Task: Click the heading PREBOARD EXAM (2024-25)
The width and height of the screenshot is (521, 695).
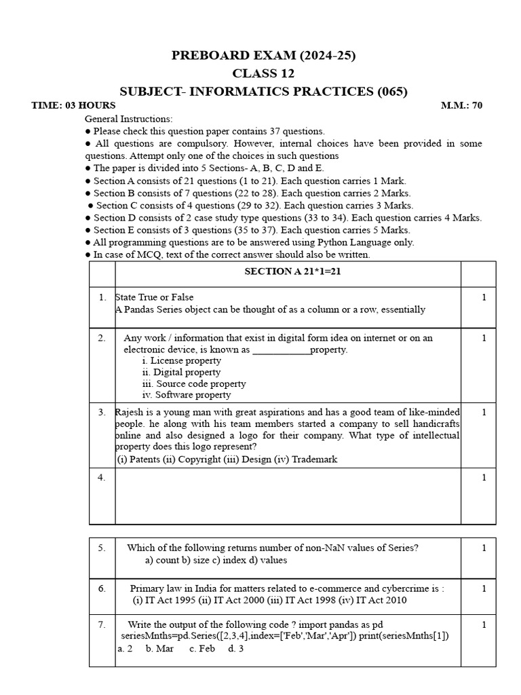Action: coord(263,56)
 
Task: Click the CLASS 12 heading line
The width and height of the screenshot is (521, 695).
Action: coord(263,73)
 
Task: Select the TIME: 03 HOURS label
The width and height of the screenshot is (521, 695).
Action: coord(73,105)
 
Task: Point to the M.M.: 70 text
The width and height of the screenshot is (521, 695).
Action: coord(461,105)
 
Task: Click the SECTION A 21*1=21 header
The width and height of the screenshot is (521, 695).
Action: coord(288,271)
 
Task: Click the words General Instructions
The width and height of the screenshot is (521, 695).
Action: coord(128,119)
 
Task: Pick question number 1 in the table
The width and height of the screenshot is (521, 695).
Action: coord(102,297)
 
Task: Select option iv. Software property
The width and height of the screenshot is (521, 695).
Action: coord(186,394)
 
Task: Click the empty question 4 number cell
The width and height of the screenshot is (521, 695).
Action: coord(102,478)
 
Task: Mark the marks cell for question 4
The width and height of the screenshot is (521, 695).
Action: coord(484,478)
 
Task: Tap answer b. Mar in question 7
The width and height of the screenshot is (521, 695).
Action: coord(159,648)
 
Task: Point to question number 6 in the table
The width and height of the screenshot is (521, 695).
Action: coord(102,589)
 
